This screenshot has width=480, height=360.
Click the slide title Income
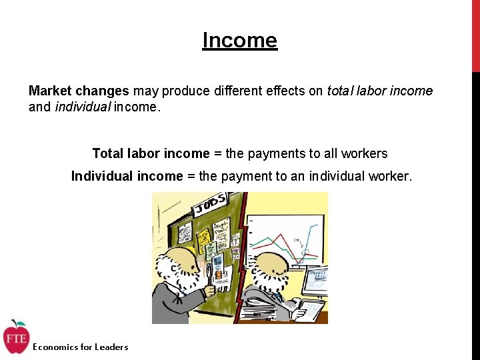point(239,41)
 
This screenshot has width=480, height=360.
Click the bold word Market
point(49,91)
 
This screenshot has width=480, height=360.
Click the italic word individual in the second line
point(82,107)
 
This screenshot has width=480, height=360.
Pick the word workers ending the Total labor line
point(364,153)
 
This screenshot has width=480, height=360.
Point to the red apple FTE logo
point(15,338)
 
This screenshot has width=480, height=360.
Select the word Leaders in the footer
point(111,347)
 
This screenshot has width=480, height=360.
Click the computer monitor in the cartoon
point(315,280)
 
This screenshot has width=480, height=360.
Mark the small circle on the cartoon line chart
point(306,251)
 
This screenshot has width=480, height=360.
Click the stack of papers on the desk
point(257,311)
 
